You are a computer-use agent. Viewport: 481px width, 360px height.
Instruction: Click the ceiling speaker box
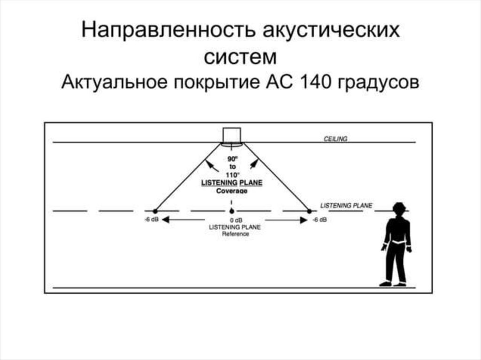(232, 135)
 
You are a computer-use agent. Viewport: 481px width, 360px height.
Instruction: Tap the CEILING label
(335, 138)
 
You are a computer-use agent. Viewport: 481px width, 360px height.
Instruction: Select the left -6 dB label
(152, 220)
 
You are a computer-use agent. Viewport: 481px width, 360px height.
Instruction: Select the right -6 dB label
(319, 220)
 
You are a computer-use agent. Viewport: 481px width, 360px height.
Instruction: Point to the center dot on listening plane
(232, 211)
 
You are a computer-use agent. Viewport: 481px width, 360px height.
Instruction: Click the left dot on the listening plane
(155, 211)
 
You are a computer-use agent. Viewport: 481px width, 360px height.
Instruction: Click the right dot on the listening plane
(309, 211)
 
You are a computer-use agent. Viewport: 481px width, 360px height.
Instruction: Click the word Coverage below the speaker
(232, 191)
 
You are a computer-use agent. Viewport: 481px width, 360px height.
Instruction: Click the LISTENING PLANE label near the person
(346, 206)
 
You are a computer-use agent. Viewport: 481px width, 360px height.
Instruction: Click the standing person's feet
(393, 283)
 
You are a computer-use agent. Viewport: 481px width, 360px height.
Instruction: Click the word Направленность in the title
(164, 31)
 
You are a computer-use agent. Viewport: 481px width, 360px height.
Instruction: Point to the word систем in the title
(240, 57)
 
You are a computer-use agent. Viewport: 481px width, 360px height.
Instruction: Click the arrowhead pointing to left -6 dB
(166, 220)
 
